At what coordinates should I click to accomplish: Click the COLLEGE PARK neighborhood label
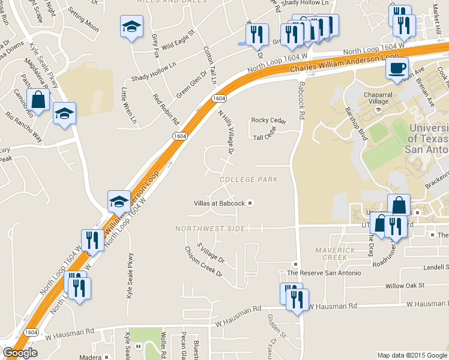point(249,179)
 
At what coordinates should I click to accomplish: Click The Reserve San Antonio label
point(324,273)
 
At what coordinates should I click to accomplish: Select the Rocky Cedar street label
point(268,120)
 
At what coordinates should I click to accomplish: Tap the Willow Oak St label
point(405,286)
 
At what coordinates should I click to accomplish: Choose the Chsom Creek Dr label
point(202,266)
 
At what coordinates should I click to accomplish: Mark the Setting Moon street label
point(83,20)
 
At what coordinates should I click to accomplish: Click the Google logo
point(20,353)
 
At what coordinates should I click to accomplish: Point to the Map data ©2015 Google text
point(412,355)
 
